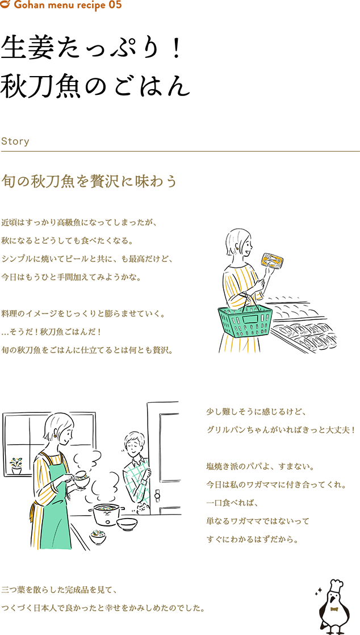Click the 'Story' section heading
pyautogui.click(x=15, y=141)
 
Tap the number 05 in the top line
pyautogui.click(x=115, y=5)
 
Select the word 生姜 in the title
pyautogui.click(x=28, y=48)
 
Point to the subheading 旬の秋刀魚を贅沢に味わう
pyautogui.click(x=90, y=181)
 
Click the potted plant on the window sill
pyautogui.click(x=16, y=465)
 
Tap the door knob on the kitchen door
pyautogui.click(x=157, y=495)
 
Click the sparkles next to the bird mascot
pyautogui.click(x=319, y=591)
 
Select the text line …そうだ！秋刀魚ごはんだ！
pyautogui.click(x=50, y=332)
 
